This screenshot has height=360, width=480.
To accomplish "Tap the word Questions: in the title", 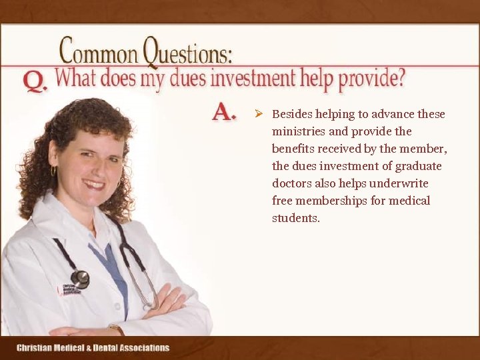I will click(189, 51).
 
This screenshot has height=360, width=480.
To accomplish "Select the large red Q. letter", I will click(35, 81).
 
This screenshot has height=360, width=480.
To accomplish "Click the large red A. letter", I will click(224, 111).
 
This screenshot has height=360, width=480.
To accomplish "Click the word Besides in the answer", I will click(292, 114).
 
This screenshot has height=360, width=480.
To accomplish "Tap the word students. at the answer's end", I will click(296, 218).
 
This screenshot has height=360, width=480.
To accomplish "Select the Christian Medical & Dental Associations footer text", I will click(93, 347).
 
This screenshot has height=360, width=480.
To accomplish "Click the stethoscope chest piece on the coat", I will click(80, 279).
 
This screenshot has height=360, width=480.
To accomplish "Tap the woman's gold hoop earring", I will click(53, 171).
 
